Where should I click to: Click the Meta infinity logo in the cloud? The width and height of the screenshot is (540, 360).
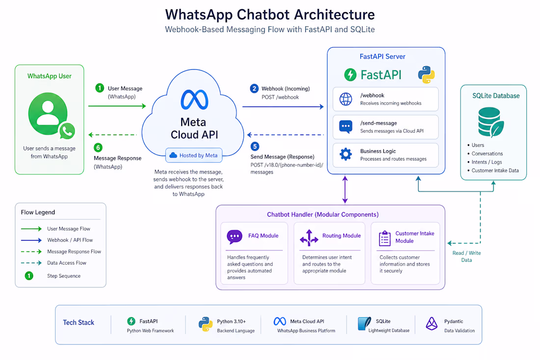pos(194,100)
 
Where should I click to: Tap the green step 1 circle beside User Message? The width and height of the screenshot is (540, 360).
pos(100,88)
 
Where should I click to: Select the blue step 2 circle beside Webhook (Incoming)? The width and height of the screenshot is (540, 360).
pos(254,88)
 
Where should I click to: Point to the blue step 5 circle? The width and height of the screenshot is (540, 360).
pos(255,146)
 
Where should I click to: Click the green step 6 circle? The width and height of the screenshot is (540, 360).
pos(98,147)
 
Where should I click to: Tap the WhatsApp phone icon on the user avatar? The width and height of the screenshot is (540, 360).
pos(67,131)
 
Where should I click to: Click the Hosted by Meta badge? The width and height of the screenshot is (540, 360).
pos(194,155)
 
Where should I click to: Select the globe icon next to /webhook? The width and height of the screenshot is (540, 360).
pos(346,99)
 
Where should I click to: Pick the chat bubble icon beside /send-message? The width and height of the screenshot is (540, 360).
pos(346,127)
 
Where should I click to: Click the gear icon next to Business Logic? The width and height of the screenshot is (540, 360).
pos(346,154)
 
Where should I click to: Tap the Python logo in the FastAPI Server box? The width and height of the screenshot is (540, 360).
pos(426,75)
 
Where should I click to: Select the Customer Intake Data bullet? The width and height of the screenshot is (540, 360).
pos(493,170)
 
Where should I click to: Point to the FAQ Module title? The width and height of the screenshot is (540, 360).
pos(264,236)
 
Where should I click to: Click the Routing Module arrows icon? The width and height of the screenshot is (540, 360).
pos(309,238)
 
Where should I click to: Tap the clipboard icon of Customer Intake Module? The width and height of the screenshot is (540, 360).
pos(385,238)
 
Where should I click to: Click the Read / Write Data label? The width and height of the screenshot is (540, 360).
pos(467,256)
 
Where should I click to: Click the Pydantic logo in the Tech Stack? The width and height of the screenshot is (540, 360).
pos(432,324)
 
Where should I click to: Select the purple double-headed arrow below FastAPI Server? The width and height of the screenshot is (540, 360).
pos(345,190)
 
